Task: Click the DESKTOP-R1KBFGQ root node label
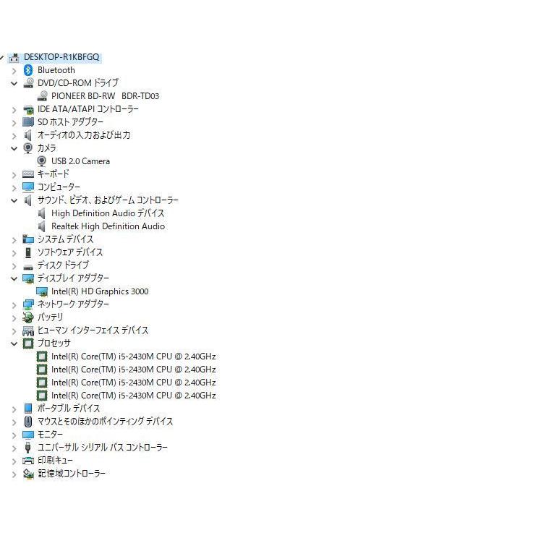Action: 61,57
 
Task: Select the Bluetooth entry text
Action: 56,70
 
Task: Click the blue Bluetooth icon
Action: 28,70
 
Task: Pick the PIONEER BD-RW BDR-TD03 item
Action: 105,96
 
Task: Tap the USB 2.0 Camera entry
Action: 80,161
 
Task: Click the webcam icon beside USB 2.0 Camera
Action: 42,161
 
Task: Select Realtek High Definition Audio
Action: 108,226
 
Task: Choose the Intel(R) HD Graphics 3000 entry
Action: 100,291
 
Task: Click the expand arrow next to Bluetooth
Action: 14,70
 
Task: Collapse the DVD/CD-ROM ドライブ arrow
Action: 14,83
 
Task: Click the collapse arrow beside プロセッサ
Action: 14,343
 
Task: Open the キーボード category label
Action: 54,174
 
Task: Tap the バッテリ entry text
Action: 51,317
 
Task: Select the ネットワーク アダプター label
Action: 73,304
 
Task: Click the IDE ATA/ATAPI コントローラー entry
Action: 88,109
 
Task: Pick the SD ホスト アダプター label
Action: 70,122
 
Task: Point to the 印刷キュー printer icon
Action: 28,461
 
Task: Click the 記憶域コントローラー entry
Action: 72,474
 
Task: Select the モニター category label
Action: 50,435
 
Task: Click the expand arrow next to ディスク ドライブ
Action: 14,265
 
